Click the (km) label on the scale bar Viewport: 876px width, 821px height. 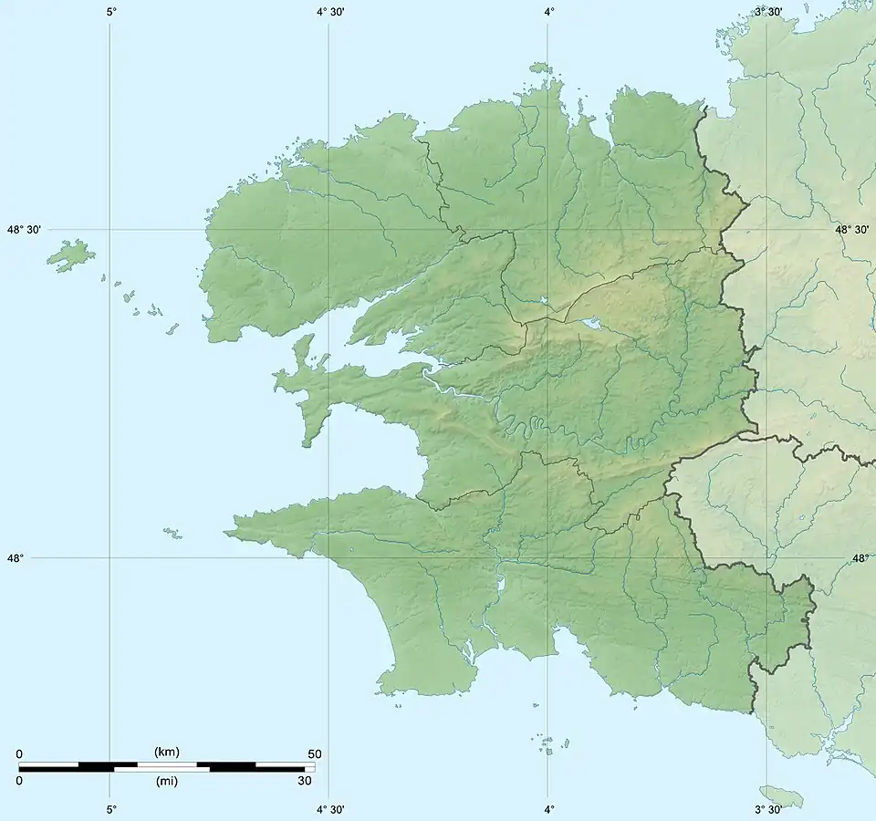166,753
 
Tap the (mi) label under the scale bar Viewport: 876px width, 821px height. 166,781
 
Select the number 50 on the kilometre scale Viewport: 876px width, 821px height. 315,753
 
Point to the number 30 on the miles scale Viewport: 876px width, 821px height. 305,781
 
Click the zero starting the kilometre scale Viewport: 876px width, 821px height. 19,753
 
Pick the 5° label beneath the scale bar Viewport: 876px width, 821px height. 110,809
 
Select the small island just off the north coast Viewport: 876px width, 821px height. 540,68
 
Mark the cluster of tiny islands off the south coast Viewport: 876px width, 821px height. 547,745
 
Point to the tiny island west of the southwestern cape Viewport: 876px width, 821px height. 172,532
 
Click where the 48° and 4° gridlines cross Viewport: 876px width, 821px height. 547,557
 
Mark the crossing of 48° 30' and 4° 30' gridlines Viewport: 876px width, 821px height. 328,230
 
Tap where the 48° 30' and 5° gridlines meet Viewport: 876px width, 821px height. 110,230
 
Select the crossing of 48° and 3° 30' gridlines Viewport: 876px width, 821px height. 766,557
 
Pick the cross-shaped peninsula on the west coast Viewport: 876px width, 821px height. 306,383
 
